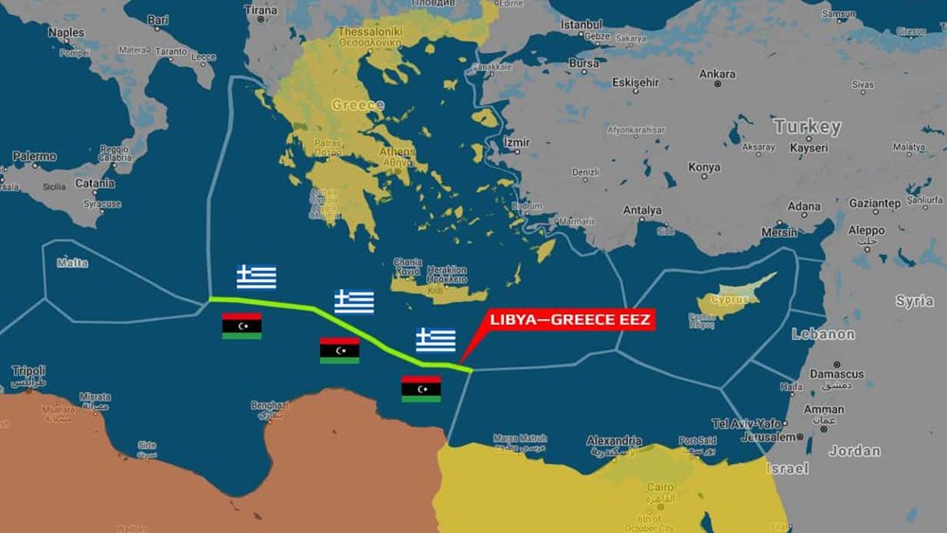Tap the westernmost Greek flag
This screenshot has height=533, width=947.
point(257,277)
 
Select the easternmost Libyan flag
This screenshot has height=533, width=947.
point(420,388)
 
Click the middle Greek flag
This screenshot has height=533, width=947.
point(354,302)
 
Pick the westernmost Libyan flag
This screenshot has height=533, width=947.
point(241,326)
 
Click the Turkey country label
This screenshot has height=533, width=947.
point(806,126)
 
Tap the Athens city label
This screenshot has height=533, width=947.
point(397,151)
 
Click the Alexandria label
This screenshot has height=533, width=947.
point(614,440)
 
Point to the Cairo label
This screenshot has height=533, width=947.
point(660,487)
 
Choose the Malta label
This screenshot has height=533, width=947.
point(72,263)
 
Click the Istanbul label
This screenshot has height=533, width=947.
point(581,24)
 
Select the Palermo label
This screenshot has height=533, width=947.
point(34,156)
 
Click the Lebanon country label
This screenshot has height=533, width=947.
point(823,334)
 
